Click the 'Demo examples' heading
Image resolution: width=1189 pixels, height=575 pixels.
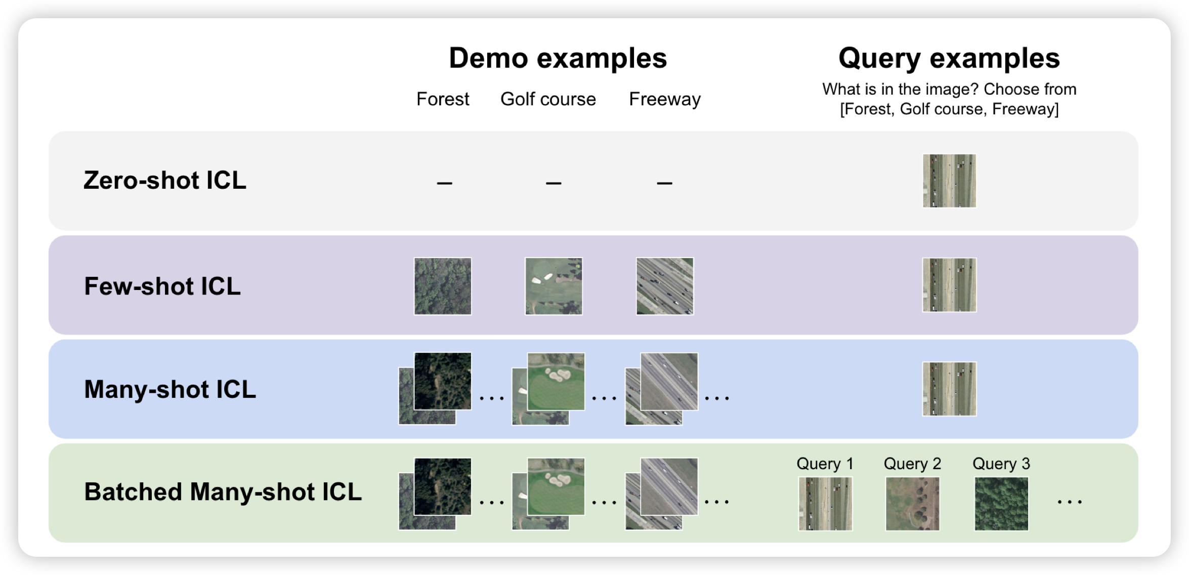tap(558, 58)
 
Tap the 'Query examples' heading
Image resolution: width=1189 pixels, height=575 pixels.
tap(949, 58)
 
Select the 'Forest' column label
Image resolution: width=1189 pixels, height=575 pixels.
tap(443, 99)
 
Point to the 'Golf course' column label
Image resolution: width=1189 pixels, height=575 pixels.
tap(548, 99)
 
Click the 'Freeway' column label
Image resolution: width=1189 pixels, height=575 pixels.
tap(664, 99)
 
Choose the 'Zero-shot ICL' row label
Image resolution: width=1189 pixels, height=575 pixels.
tap(165, 180)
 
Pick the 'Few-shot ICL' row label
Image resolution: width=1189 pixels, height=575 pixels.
tap(162, 286)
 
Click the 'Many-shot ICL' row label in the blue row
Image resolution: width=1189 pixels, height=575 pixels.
tap(170, 389)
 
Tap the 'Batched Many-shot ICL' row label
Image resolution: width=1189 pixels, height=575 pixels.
tap(223, 492)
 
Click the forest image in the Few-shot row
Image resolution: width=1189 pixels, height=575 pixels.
tap(443, 286)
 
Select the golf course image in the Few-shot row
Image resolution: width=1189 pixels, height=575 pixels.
tap(554, 286)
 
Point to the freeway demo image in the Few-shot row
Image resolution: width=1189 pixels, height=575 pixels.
tap(665, 286)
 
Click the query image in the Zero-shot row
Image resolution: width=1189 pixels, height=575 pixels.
tap(949, 181)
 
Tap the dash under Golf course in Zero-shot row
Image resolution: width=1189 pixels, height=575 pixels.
tap(554, 183)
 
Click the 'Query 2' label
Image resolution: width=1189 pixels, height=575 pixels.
tap(912, 464)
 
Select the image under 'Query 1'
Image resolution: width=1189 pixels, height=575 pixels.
tap(825, 504)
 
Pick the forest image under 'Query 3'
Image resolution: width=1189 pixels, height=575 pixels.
tap(1001, 504)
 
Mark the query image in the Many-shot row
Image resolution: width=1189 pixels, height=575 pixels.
tap(949, 389)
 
